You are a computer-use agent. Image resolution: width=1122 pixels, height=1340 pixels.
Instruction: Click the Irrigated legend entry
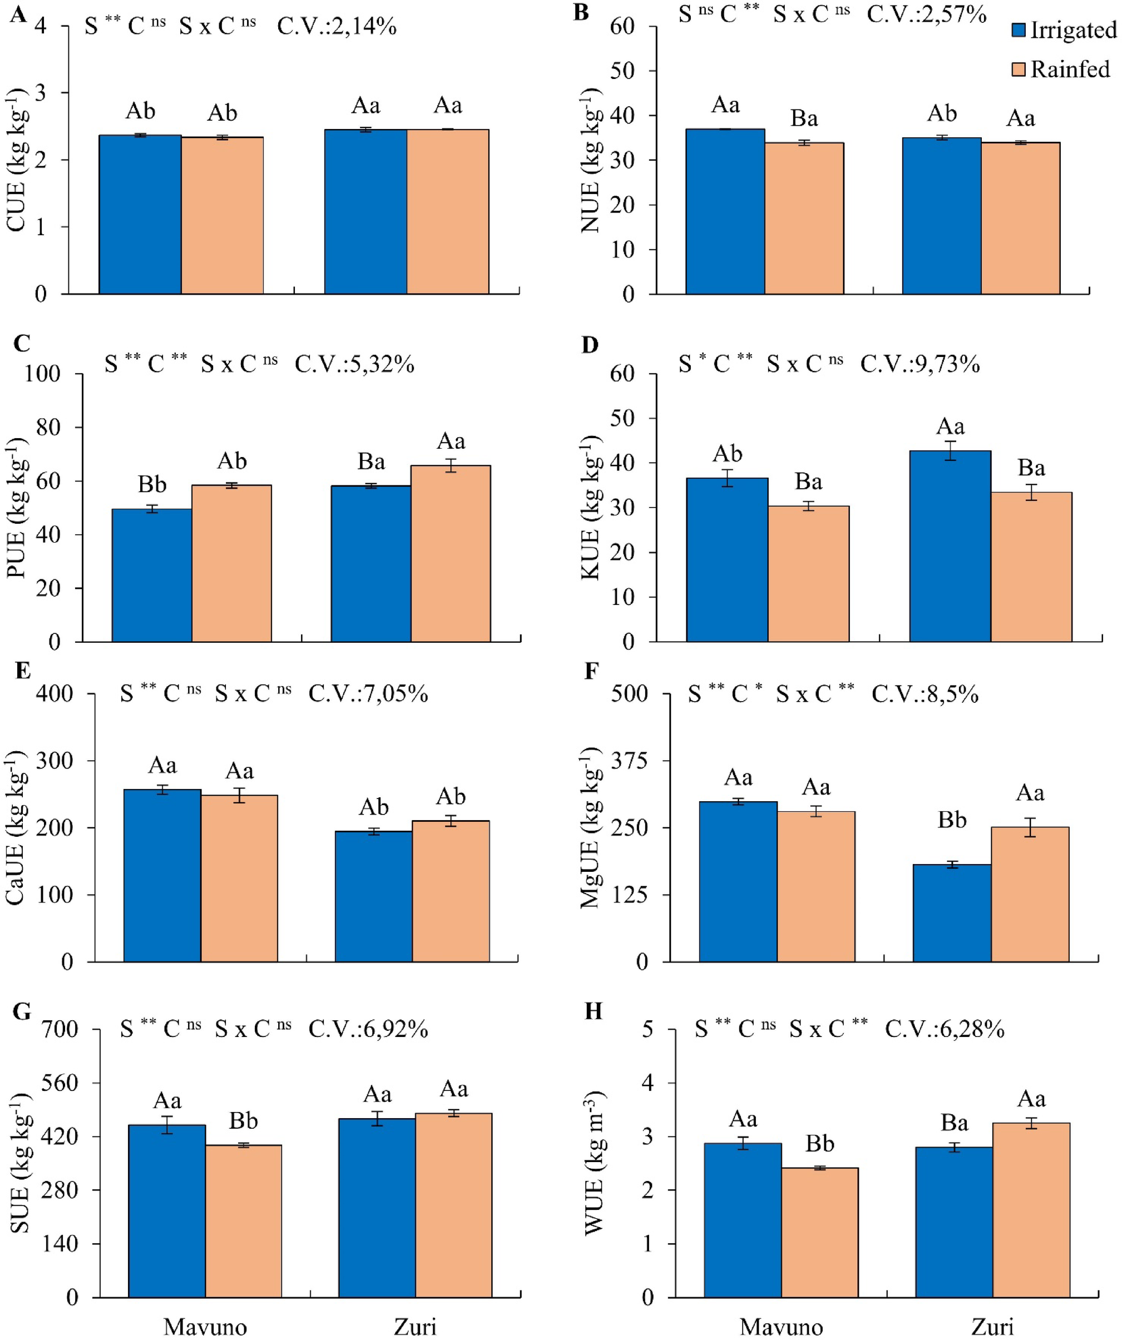click(1064, 30)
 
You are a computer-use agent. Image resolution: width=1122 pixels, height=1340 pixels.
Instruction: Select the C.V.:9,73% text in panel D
click(920, 364)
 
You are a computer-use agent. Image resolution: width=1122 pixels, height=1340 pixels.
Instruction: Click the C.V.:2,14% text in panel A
click(337, 27)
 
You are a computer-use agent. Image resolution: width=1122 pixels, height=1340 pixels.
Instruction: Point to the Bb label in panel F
click(952, 820)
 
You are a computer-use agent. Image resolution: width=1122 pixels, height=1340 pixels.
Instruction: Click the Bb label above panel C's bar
click(152, 485)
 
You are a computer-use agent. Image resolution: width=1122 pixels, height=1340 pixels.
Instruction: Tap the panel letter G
click(21, 1012)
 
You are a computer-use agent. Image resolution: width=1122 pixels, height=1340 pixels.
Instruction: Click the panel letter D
click(590, 345)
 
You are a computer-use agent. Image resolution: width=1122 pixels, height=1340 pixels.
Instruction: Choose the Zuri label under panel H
click(992, 1327)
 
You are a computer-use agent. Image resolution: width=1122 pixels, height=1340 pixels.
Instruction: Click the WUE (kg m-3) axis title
click(594, 1163)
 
